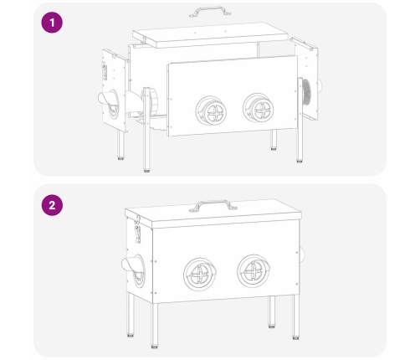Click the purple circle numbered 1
(x=52, y=23)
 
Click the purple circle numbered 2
(x=52, y=205)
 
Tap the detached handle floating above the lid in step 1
(x=210, y=11)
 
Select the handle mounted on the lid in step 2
(x=213, y=204)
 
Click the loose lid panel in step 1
(x=210, y=35)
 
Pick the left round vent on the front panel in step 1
(x=211, y=111)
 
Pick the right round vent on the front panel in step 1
(x=259, y=107)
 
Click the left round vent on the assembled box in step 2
(x=200, y=274)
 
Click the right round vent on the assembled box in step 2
(x=254, y=271)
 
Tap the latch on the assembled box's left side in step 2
(x=137, y=230)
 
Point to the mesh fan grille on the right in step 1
(x=306, y=92)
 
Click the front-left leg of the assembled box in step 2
(x=154, y=326)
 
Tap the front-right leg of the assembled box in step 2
(x=296, y=317)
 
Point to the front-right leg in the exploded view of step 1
(x=300, y=120)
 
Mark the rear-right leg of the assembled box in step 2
(x=272, y=312)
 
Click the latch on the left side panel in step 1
(x=105, y=72)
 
